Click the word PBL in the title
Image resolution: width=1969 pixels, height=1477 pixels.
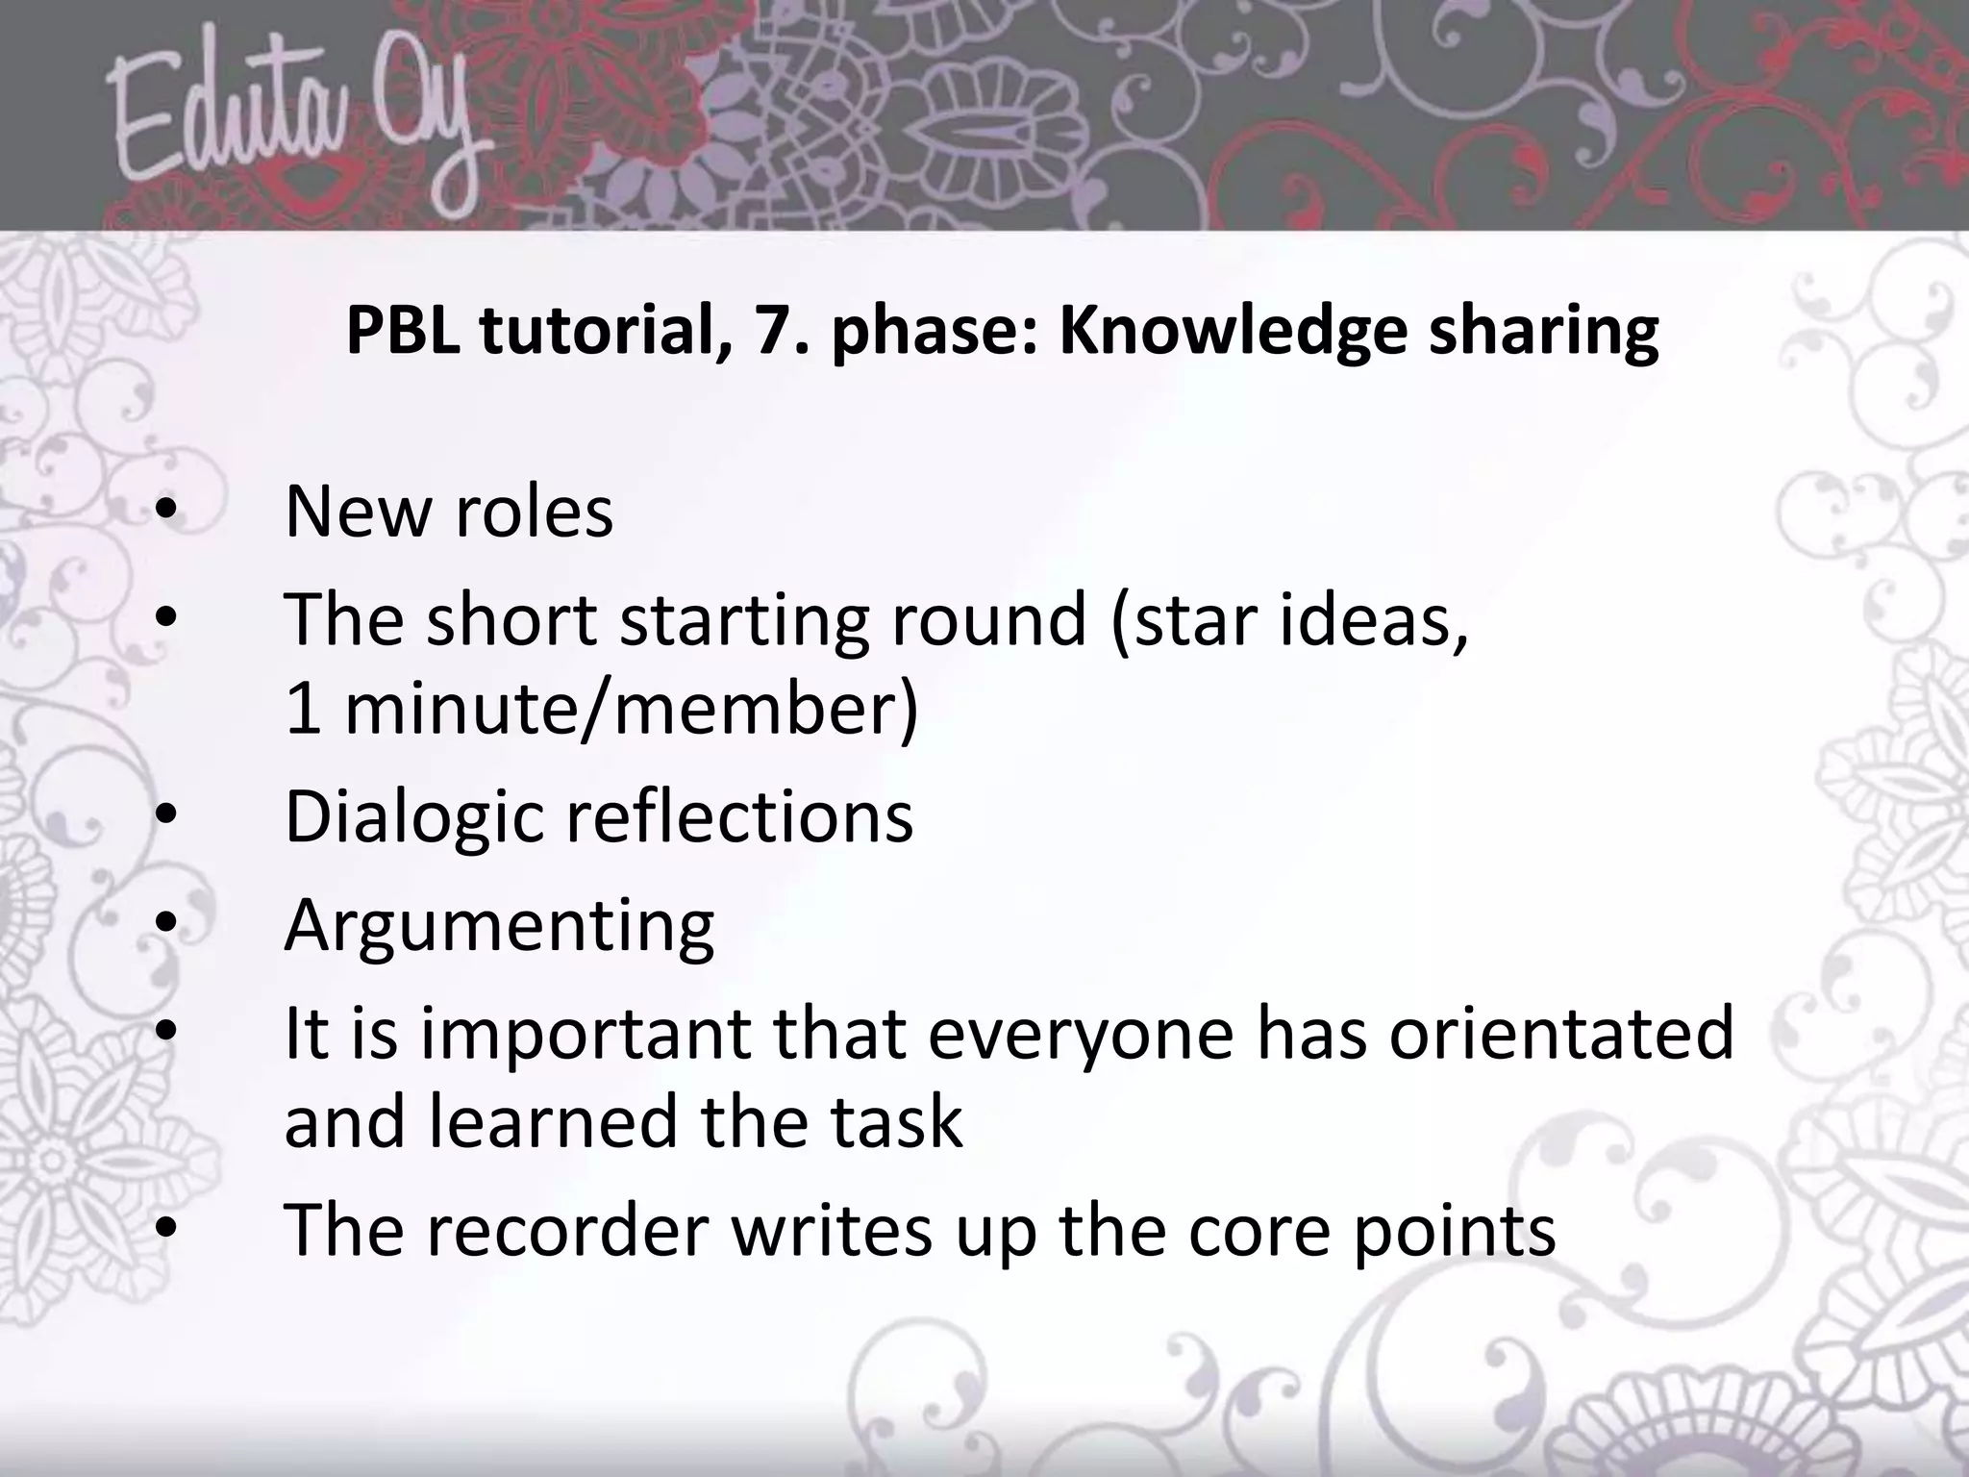click(x=402, y=330)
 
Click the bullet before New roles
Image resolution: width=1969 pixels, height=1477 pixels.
click(x=165, y=513)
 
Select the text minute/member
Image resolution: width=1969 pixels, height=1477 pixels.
click(x=630, y=709)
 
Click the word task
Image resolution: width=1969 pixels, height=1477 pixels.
click(x=898, y=1122)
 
